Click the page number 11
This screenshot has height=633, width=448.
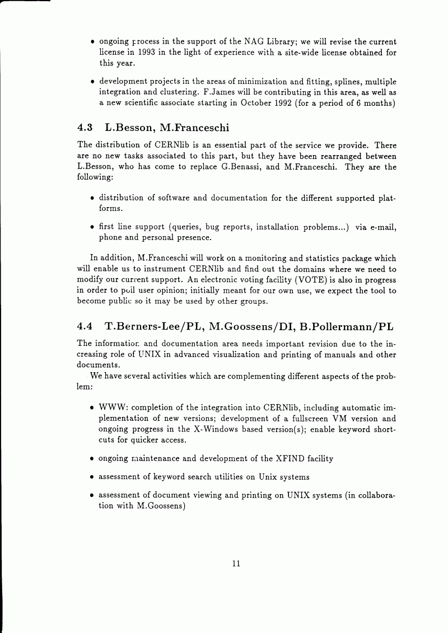pyautogui.click(x=236, y=564)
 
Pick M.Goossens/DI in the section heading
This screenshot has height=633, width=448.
pyautogui.click(x=245, y=326)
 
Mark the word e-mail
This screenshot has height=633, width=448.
pyautogui.click(x=382, y=227)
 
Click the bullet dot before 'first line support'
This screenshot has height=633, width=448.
pyautogui.click(x=92, y=227)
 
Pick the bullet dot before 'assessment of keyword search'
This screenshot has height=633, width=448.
pyautogui.click(x=92, y=477)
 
